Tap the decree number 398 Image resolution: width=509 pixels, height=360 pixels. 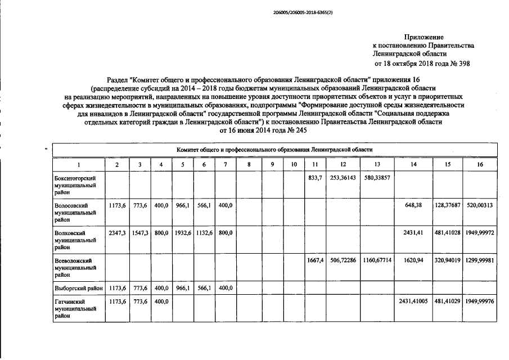(464, 64)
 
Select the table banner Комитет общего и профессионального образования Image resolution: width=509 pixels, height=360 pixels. (274, 150)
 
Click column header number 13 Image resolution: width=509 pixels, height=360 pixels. (377, 164)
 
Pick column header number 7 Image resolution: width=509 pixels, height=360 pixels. (225, 164)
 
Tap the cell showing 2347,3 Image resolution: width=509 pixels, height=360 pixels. (116, 232)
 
